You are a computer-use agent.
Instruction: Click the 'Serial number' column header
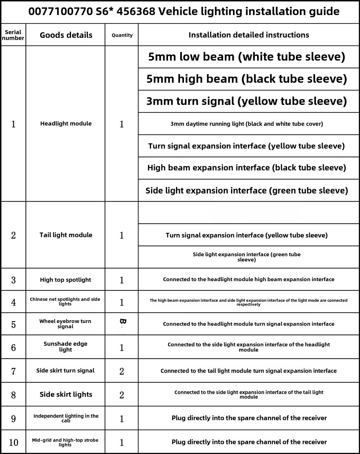[x=13, y=35]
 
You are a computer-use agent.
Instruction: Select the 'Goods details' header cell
[x=66, y=35]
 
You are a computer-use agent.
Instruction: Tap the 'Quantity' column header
[x=122, y=35]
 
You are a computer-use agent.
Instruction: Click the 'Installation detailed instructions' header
[x=249, y=35]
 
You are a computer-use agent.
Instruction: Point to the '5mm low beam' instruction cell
[x=247, y=57]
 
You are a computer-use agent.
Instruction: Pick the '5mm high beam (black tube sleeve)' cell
[x=247, y=79]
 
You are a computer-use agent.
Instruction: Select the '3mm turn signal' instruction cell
[x=247, y=101]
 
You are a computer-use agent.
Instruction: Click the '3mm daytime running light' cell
[x=247, y=124]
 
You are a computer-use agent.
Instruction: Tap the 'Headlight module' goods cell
[x=66, y=124]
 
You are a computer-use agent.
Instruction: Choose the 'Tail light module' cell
[x=66, y=235]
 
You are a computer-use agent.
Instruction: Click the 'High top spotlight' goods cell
[x=66, y=280]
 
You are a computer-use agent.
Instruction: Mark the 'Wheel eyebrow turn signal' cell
[x=65, y=324]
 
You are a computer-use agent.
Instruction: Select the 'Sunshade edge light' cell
[x=65, y=347]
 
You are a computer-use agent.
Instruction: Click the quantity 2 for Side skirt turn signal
[x=122, y=371]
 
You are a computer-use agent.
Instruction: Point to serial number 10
[x=14, y=443]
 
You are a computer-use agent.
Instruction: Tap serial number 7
[x=14, y=371]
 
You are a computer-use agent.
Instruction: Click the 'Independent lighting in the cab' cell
[x=66, y=418]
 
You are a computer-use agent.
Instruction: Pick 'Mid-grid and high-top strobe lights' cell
[x=65, y=442]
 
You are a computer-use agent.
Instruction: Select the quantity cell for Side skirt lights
[x=122, y=395]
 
